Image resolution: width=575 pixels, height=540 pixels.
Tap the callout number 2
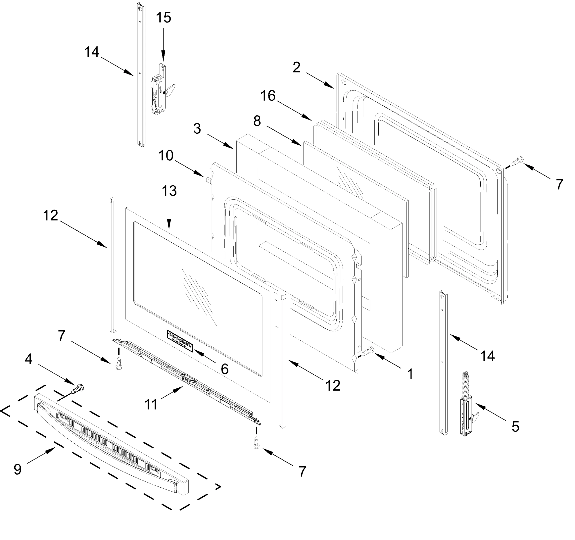pos(296,67)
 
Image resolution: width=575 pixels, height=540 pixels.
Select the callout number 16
pos(268,96)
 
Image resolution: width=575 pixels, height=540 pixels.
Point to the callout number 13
pos(169,191)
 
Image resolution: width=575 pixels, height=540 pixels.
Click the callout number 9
pos(18,469)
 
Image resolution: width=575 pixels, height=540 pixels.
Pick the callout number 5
pos(515,427)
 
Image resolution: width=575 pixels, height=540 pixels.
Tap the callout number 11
pos(151,404)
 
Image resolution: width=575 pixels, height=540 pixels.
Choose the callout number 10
pos(166,156)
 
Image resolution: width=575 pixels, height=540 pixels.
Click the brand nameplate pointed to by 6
pos(180,341)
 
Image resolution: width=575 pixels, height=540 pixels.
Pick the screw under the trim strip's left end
pos(118,364)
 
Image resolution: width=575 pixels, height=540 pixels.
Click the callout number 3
pos(197,128)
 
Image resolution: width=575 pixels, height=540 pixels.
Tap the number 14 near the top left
pos(92,52)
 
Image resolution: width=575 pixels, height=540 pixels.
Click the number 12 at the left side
pos(51,216)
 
